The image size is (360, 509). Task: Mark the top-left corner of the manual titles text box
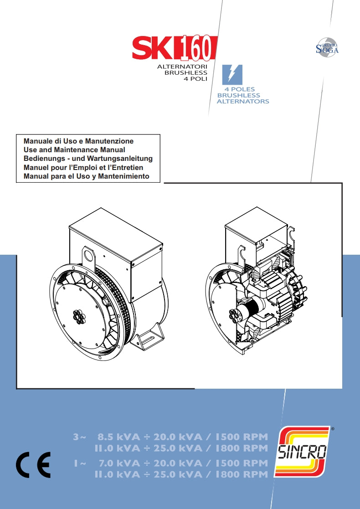tap(16, 134)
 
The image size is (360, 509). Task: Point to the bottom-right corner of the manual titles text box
tap(160, 182)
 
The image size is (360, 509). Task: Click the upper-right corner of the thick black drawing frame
tap(342, 183)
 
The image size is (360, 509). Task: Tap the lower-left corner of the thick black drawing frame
tap(16, 388)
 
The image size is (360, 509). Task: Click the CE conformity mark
tap(33, 464)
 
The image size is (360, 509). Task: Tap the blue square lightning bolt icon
tap(232, 75)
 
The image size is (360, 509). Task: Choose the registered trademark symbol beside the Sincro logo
tap(332, 429)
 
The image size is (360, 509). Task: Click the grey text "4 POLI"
tap(195, 79)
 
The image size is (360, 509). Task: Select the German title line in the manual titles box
tap(88, 159)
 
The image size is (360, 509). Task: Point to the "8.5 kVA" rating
tap(119, 437)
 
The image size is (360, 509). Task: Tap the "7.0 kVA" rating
tap(119, 463)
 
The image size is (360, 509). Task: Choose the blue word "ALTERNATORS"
tap(243, 101)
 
